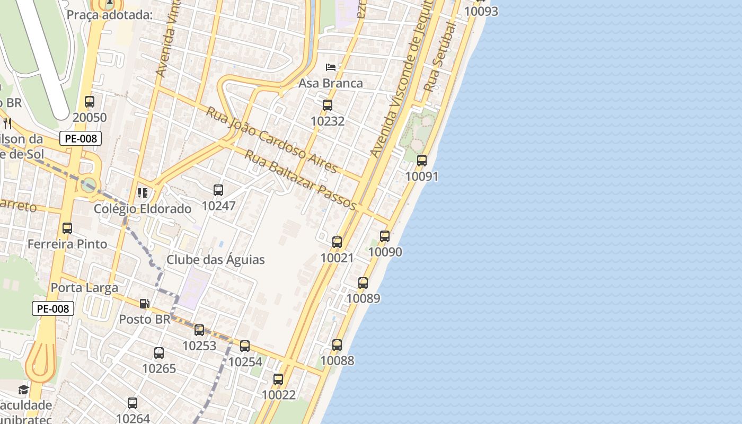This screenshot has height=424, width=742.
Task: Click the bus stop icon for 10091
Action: [422, 160]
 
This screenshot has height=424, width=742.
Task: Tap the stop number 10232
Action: [328, 121]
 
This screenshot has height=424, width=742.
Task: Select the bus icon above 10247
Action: [218, 190]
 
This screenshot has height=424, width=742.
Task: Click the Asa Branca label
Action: [331, 83]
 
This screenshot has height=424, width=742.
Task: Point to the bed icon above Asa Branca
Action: [331, 67]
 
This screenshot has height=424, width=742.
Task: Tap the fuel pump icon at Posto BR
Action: [144, 304]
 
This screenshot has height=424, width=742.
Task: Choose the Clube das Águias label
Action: [216, 260]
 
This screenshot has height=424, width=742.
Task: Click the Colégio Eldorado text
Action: [143, 209]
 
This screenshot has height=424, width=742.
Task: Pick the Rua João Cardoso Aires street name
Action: [271, 140]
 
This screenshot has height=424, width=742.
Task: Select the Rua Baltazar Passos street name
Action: [300, 180]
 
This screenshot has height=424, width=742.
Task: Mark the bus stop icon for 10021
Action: [337, 242]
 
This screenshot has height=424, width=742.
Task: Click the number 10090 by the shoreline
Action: [385, 252]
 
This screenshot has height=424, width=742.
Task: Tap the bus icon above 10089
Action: [363, 283]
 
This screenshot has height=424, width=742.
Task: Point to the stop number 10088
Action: [337, 361]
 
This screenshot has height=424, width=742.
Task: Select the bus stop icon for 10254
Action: [245, 346]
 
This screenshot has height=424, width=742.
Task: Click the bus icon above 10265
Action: [159, 353]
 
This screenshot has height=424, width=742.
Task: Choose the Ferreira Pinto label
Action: [67, 244]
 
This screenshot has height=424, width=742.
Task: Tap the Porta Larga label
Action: [85, 288]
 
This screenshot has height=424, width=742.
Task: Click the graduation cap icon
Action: [23, 391]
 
